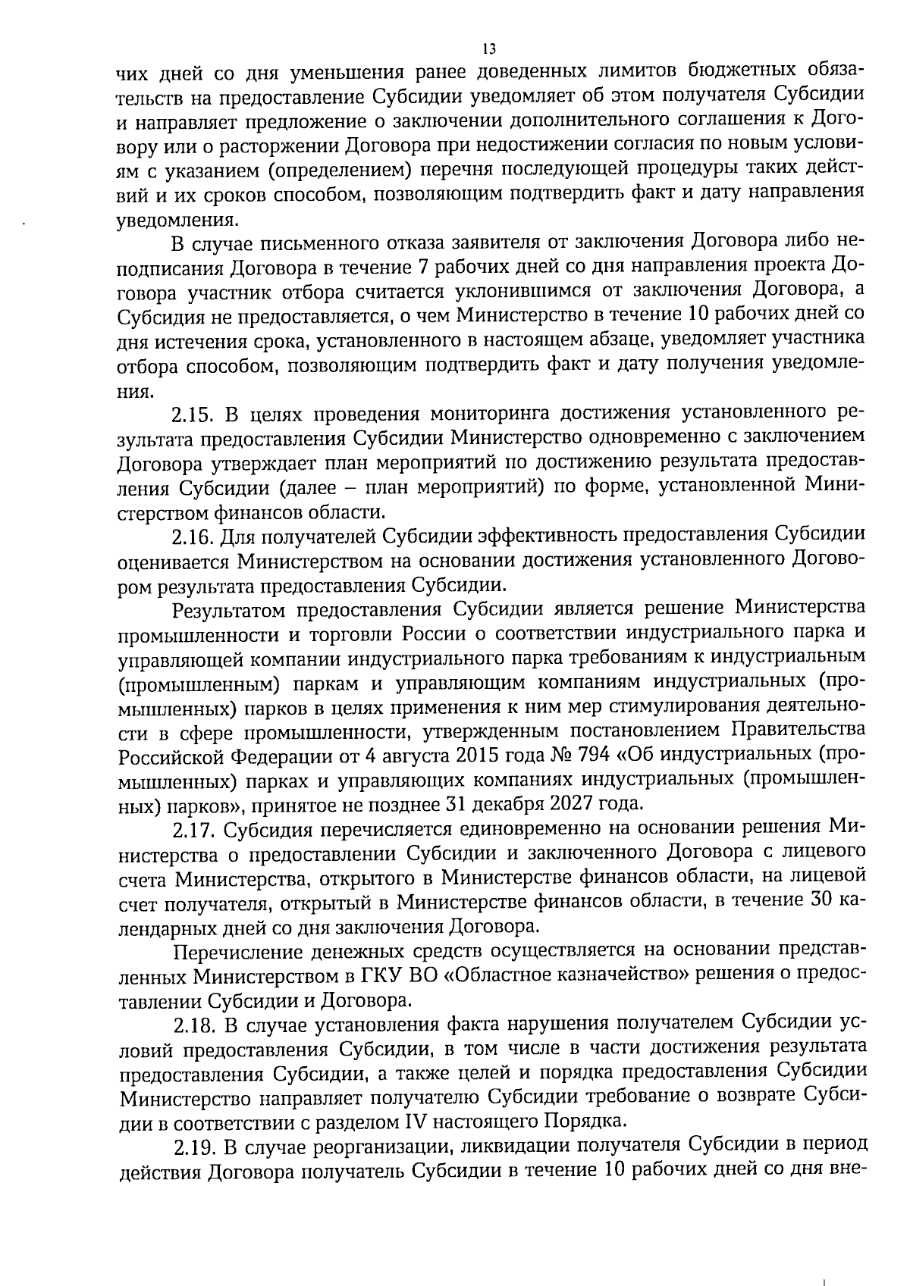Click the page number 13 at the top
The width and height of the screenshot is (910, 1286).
click(x=488, y=50)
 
